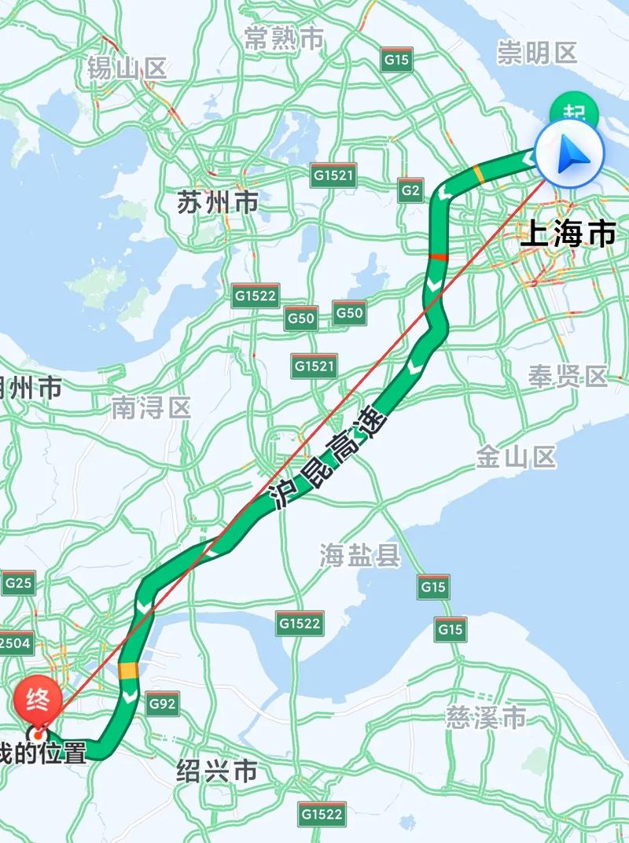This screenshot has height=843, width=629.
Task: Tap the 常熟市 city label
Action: click(x=284, y=38)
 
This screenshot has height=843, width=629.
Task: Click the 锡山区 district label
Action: click(x=127, y=68)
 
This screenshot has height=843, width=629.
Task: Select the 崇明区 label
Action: click(x=537, y=53)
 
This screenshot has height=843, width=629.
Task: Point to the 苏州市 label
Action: click(x=218, y=203)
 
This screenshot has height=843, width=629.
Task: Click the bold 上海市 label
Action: click(x=568, y=234)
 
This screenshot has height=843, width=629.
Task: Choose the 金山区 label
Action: click(x=517, y=457)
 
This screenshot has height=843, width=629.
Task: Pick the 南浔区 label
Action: click(x=151, y=407)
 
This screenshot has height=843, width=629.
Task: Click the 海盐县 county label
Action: click(x=360, y=556)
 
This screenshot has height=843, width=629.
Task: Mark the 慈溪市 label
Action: click(x=486, y=717)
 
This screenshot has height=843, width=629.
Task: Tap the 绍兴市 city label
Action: click(x=217, y=771)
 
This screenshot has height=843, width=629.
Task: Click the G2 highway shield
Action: click(x=410, y=190)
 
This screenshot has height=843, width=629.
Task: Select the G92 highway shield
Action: click(x=162, y=704)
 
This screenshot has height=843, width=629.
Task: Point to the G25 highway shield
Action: click(x=18, y=583)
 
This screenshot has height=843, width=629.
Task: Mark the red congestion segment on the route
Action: click(x=437, y=257)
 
